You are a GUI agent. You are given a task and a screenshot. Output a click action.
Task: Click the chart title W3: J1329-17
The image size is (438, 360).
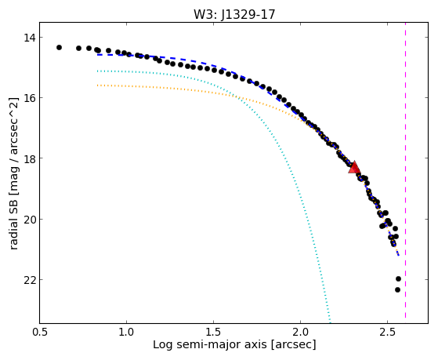(x=234, y=14)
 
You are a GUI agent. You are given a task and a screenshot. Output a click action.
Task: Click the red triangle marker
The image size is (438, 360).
(x=354, y=168)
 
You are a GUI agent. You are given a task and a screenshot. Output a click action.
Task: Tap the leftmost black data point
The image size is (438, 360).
(x=59, y=47)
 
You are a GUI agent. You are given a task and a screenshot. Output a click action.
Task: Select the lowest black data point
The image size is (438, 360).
(x=397, y=289)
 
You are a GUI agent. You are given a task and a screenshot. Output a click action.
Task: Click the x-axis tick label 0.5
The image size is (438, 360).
(x=40, y=332)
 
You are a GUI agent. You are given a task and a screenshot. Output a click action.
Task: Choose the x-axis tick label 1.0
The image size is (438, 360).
(x=126, y=332)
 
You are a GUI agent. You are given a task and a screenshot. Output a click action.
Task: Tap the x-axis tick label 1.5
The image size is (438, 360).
(x=213, y=332)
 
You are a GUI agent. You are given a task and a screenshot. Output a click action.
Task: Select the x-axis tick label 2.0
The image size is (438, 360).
(x=300, y=332)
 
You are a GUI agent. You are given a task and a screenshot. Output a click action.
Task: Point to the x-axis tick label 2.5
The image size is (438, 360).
(x=387, y=332)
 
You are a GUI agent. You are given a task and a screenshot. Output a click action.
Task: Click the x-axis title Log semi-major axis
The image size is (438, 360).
(x=210, y=344)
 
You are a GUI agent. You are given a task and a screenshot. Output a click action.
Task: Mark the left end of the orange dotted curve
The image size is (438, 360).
(x=97, y=85)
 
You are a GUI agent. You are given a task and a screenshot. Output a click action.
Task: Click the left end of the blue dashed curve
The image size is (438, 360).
(x=97, y=55)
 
